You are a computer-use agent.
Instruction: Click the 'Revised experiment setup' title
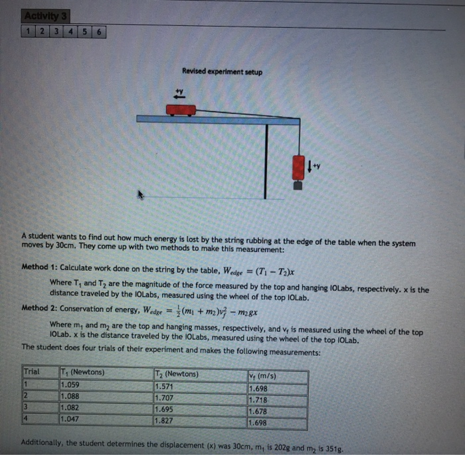(213, 72)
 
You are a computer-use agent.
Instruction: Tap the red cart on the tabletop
(180, 109)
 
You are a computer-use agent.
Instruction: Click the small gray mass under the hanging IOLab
(298, 186)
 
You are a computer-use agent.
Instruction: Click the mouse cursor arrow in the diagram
(140, 195)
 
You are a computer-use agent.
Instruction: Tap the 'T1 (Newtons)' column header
(82, 373)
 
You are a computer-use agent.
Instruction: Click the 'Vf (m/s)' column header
(262, 377)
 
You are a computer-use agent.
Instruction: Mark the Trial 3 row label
(26, 407)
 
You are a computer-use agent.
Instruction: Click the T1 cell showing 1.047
(70, 419)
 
